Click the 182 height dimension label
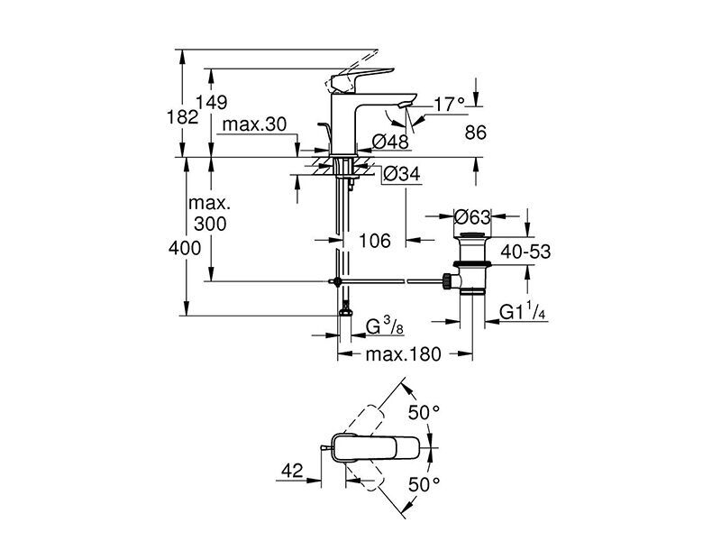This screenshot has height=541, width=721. (183, 117)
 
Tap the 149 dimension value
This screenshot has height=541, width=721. (212, 102)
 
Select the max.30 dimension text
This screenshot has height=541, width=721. (254, 124)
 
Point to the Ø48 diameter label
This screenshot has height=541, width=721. (390, 142)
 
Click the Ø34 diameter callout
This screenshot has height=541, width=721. (402, 174)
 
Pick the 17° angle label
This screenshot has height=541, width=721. (450, 105)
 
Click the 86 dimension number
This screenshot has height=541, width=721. (476, 133)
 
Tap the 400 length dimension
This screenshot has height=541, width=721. (185, 249)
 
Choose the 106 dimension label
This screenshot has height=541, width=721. (375, 240)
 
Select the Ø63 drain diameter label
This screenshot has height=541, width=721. (472, 216)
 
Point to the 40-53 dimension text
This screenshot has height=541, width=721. (525, 252)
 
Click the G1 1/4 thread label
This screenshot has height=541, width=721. (523, 312)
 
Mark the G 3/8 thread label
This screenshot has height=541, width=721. (385, 326)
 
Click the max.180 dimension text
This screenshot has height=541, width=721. (403, 354)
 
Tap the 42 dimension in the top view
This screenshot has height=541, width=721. (292, 471)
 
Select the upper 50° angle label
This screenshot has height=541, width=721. (424, 413)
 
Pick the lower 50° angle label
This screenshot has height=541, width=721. (424, 484)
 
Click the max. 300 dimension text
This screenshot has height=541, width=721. (210, 214)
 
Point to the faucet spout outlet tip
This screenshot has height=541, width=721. (405, 106)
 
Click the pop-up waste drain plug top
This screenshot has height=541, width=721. (472, 237)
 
